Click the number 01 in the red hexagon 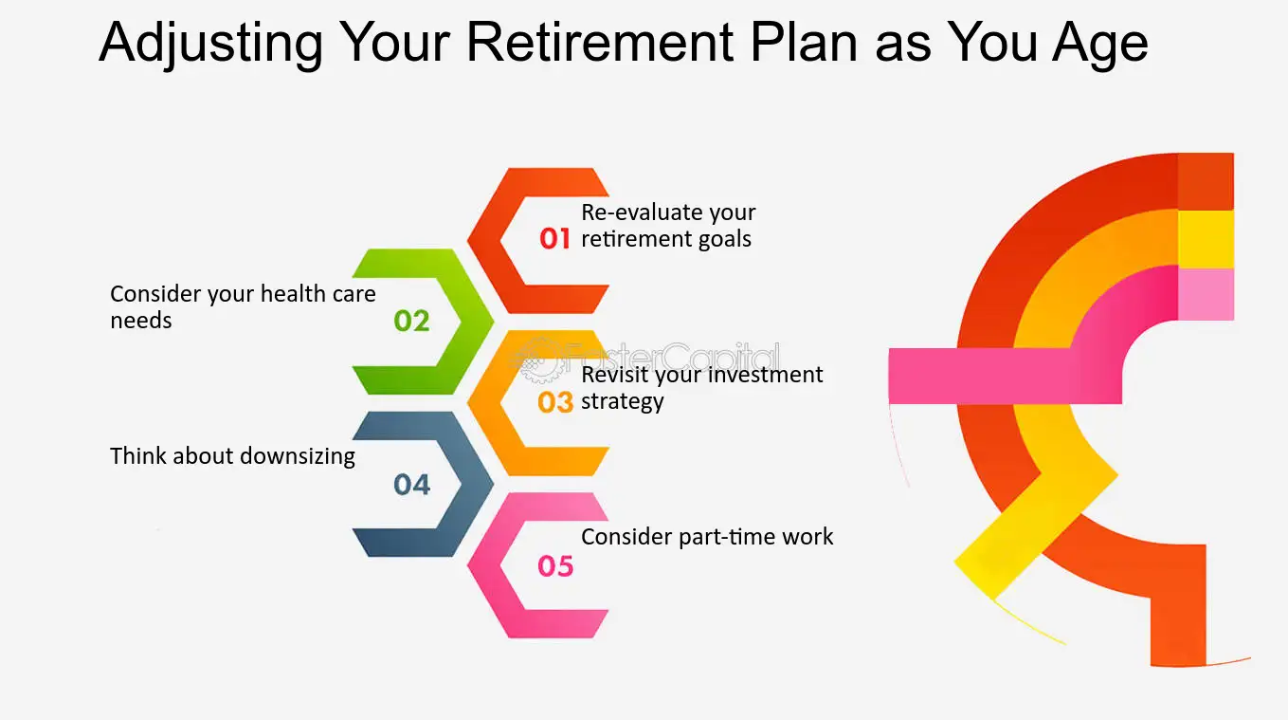pyautogui.click(x=555, y=239)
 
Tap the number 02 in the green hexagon pyautogui.click(x=411, y=321)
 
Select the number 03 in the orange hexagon pyautogui.click(x=555, y=402)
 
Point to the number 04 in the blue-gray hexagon pyautogui.click(x=411, y=485)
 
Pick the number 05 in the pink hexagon pyautogui.click(x=555, y=566)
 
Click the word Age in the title pyautogui.click(x=1097, y=44)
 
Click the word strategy pyautogui.click(x=622, y=402)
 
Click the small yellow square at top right pyautogui.click(x=1206, y=238)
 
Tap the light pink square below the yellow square pyautogui.click(x=1206, y=293)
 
